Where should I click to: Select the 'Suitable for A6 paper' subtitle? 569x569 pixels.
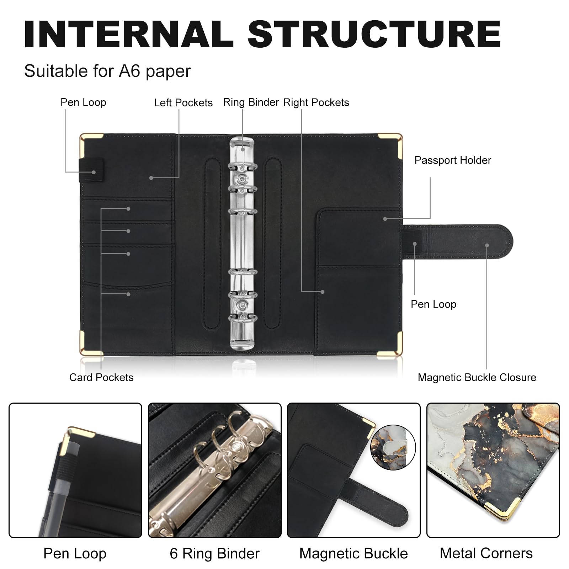pyautogui.click(x=107, y=71)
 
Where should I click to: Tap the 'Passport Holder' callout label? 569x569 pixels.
pyautogui.click(x=453, y=160)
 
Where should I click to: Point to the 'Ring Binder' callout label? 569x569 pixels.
pyautogui.click(x=251, y=102)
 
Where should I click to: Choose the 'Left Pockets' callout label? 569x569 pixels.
pyautogui.click(x=183, y=103)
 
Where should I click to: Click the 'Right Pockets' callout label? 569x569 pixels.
pyautogui.click(x=316, y=102)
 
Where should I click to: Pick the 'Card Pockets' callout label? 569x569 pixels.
pyautogui.click(x=101, y=377)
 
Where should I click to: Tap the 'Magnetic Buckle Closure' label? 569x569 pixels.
pyautogui.click(x=477, y=377)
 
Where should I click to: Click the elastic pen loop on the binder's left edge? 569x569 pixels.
pyautogui.click(x=91, y=170)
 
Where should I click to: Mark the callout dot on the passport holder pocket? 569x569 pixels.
pyautogui.click(x=385, y=219)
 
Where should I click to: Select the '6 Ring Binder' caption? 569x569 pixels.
pyautogui.click(x=214, y=554)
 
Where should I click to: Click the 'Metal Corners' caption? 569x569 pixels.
pyautogui.click(x=486, y=553)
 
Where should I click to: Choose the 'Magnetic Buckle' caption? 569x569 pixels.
pyautogui.click(x=353, y=554)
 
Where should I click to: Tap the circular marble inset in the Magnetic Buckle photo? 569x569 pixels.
pyautogui.click(x=393, y=447)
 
